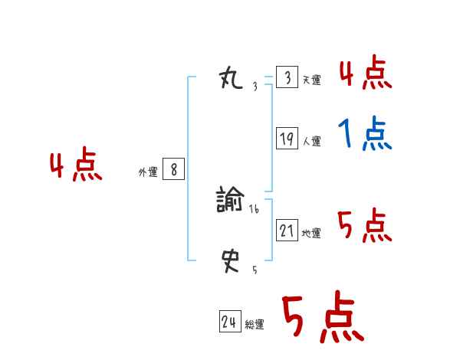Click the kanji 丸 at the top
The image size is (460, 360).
click(231, 78)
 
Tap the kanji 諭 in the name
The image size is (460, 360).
click(230, 201)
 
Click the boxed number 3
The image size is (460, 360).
click(287, 78)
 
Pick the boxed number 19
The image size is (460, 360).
click(287, 139)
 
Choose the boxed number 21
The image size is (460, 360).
click(287, 230)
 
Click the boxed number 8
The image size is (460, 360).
click(173, 170)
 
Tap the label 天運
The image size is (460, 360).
click(311, 80)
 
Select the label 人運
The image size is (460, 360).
click(311, 141)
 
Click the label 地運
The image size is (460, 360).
click(311, 233)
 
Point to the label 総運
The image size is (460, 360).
click(255, 325)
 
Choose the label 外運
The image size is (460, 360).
click(148, 173)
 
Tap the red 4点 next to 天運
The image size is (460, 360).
click(365, 74)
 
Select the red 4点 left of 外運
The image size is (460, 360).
click(76, 166)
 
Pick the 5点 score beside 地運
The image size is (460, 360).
click(365, 226)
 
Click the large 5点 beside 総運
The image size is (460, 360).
click(322, 318)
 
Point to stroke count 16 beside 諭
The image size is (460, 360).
click(254, 208)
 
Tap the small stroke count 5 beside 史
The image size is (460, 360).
click(255, 270)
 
